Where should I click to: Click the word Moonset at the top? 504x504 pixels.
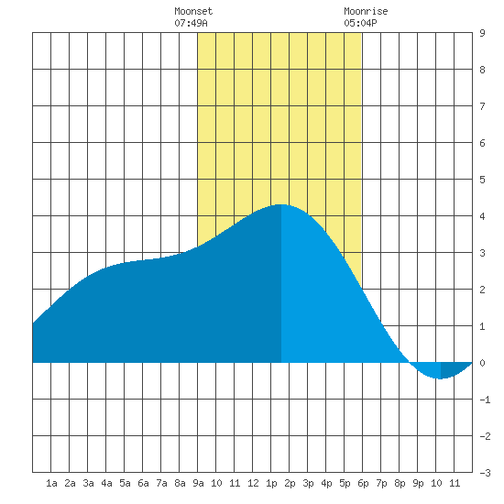(x=193, y=11)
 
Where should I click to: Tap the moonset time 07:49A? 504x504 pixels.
(x=191, y=23)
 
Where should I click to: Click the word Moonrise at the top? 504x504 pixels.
(x=366, y=11)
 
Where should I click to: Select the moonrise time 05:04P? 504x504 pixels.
(x=360, y=23)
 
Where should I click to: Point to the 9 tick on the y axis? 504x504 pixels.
(x=482, y=33)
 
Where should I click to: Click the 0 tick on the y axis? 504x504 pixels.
(x=482, y=363)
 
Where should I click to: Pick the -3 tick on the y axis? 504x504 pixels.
(x=485, y=473)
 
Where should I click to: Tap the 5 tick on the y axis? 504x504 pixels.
(x=482, y=180)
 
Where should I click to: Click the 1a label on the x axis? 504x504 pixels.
(x=51, y=483)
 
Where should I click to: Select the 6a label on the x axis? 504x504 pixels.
(x=143, y=483)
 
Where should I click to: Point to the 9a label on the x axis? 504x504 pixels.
(x=198, y=483)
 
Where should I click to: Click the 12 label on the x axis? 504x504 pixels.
(x=253, y=483)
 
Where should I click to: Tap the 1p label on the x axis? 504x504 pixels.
(x=271, y=483)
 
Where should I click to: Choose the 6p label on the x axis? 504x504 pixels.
(x=363, y=483)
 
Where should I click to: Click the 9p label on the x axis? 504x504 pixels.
(x=418, y=483)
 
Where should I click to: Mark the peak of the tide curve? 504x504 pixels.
(x=281, y=204)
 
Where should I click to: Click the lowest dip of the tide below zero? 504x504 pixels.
(x=441, y=378)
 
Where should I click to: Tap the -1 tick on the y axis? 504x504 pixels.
(x=485, y=400)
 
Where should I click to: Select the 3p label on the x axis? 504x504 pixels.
(x=308, y=483)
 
